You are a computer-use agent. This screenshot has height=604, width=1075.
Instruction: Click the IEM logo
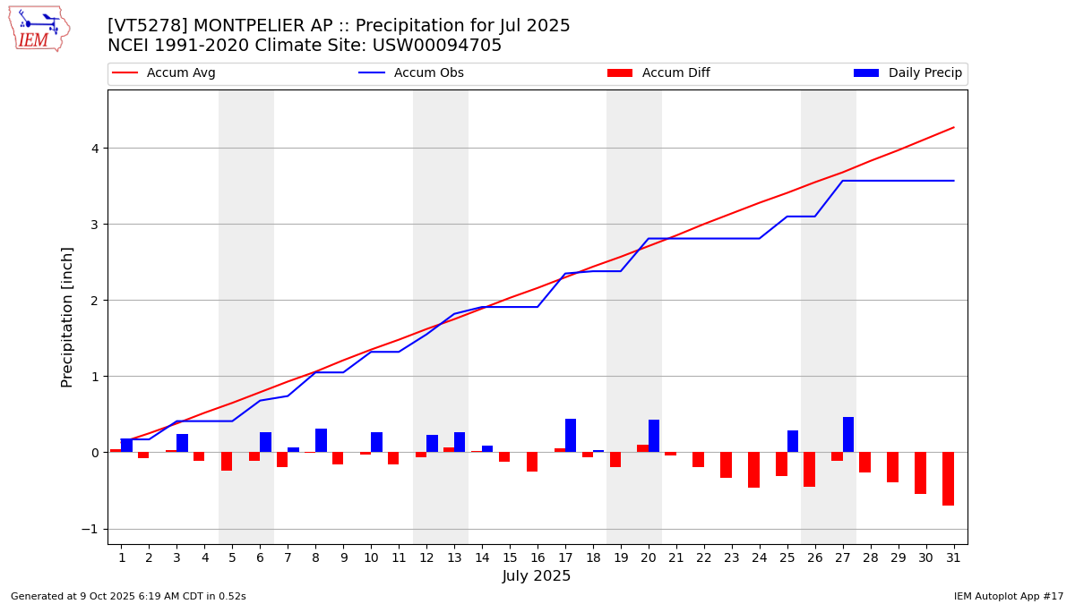click(39, 29)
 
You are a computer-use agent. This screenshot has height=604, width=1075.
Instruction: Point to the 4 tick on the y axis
click(93, 149)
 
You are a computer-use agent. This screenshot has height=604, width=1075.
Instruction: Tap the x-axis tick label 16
click(537, 557)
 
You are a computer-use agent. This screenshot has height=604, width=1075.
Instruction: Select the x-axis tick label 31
click(953, 557)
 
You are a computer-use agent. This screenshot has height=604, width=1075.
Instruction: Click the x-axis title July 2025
click(537, 576)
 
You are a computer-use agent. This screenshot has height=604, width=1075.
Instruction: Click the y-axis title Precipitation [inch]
click(68, 317)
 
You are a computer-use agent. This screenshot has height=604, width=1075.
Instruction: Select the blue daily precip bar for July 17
click(571, 436)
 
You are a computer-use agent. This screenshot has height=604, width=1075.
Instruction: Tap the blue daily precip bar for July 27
click(848, 435)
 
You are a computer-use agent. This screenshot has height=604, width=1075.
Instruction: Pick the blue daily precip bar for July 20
click(654, 436)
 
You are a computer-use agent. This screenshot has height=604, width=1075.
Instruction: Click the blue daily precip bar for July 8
click(321, 440)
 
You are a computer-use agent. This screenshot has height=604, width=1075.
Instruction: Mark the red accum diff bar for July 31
click(948, 479)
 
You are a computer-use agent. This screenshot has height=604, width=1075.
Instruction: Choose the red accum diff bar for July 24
click(753, 470)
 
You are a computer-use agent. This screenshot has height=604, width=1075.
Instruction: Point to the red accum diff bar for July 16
click(532, 462)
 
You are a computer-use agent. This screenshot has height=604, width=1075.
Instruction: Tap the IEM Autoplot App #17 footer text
click(1009, 596)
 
